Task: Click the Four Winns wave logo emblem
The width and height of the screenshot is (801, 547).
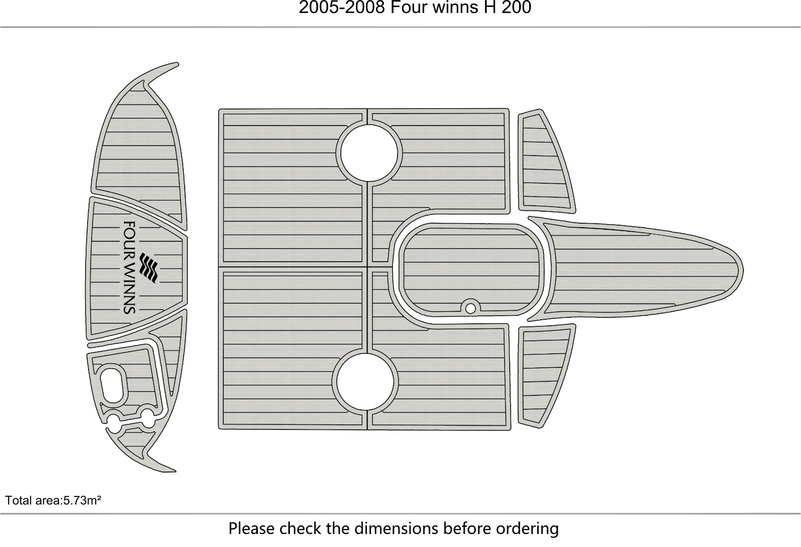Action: coord(149,268)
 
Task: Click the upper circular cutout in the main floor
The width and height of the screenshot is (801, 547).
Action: coord(369,153)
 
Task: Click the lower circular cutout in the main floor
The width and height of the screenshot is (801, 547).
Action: coord(365,382)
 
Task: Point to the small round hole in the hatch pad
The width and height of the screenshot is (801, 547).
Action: coord(470,308)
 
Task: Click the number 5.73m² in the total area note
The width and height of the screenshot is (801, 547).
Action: coord(82,500)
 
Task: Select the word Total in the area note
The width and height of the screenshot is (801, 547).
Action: coord(18,500)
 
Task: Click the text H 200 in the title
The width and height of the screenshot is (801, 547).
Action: coord(508,8)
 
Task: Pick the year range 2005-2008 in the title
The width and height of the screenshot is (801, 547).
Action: coord(341,8)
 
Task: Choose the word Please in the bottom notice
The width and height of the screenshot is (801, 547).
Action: coord(252,528)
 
